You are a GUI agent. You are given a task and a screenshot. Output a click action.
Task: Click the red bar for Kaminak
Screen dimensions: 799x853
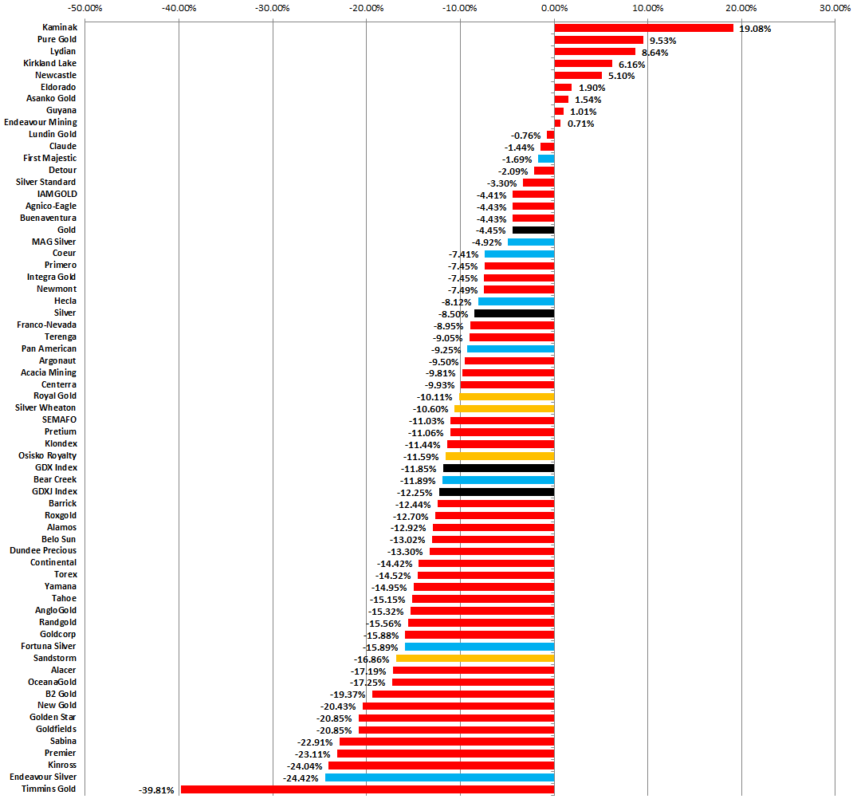(643, 28)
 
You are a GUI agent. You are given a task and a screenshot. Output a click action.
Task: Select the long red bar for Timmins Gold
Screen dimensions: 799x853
(367, 789)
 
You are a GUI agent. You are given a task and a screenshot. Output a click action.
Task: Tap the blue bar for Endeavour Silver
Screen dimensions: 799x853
(439, 777)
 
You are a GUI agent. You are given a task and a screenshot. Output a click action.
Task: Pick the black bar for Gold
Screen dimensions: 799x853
(533, 230)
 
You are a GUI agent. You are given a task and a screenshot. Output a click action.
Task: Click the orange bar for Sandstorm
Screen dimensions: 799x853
(474, 659)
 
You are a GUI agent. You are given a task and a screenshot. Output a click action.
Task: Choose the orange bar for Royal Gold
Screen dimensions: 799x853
(506, 397)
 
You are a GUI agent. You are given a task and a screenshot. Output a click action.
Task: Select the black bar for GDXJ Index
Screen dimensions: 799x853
(496, 492)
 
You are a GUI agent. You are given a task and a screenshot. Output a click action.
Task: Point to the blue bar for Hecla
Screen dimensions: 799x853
(516, 301)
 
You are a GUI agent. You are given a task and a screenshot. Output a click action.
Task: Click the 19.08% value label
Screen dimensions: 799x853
(755, 29)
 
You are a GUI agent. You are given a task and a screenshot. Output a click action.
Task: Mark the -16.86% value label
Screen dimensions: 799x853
(371, 659)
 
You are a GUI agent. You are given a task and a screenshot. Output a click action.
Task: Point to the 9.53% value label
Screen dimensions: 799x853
(662, 41)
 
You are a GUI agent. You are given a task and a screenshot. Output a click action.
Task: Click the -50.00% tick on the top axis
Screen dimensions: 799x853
(85, 8)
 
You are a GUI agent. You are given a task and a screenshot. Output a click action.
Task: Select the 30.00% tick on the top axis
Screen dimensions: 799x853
(835, 8)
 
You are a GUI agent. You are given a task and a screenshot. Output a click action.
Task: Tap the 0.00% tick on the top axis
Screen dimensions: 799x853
(554, 8)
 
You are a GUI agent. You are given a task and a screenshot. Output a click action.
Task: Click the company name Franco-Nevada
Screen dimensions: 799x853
(47, 325)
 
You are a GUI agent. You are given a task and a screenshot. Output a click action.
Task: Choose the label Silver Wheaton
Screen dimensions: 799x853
(45, 408)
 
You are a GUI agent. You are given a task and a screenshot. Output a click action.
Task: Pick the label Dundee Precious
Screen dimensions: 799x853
(43, 551)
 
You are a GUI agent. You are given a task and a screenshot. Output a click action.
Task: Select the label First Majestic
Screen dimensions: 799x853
(49, 159)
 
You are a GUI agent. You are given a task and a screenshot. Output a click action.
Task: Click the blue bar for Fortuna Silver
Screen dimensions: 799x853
(479, 647)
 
